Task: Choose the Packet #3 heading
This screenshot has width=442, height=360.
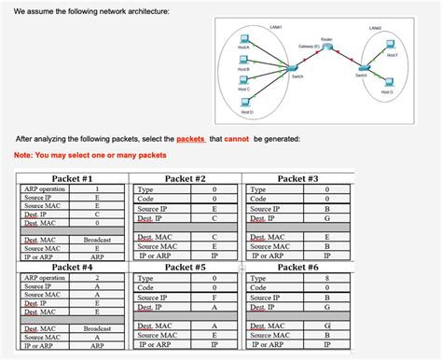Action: [297, 178]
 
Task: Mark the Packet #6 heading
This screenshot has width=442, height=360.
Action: [297, 267]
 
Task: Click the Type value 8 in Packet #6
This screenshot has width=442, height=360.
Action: [326, 278]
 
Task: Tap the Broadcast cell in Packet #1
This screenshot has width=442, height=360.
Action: [97, 240]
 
